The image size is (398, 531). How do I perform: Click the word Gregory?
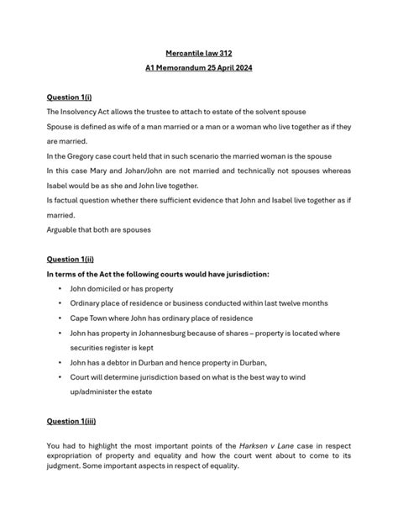(83, 156)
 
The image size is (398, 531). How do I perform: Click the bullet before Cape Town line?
(60, 318)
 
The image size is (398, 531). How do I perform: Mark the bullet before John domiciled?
(60, 288)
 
